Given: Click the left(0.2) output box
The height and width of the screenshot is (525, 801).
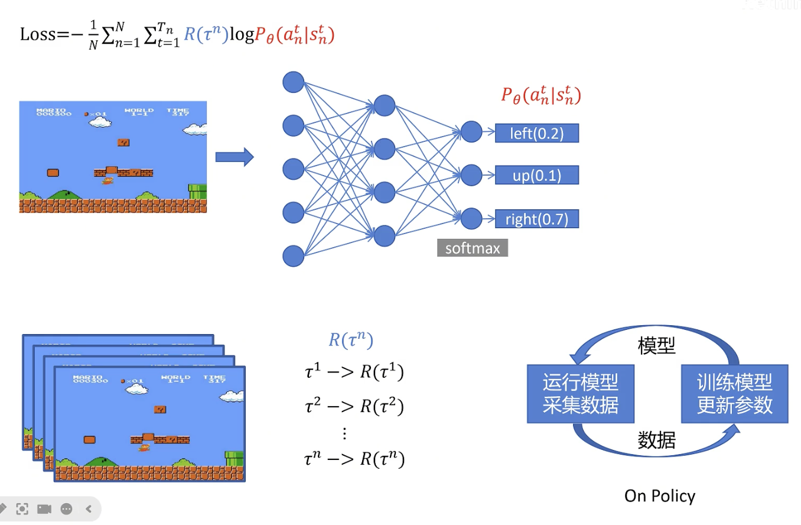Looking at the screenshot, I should pos(536,134).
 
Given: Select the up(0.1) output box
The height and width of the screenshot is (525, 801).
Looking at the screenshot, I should pos(536,176).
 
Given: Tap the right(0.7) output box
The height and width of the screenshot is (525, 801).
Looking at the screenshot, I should pos(536,219).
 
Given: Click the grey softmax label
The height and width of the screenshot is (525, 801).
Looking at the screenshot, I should pos(473,248).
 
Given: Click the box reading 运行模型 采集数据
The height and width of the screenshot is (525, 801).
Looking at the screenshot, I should pos(580,394).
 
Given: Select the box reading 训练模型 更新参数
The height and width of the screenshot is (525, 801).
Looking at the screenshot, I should pos(735,394).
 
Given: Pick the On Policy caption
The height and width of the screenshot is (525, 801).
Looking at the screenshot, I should pos(660,496).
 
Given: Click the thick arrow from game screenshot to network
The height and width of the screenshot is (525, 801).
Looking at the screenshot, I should pos(234,157).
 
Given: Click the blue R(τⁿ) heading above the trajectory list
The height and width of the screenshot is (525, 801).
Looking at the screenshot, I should pos(351,340).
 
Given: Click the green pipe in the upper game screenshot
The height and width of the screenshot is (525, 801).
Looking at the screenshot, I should pos(198,191).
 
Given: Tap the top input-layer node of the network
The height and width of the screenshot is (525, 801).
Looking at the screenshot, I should pos(294,82).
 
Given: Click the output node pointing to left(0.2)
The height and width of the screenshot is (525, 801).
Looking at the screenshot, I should pos(471,132).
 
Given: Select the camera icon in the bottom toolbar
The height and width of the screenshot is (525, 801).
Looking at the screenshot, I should pos(44,508).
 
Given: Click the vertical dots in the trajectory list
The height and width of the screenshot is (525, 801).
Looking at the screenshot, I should pos(345,433).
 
